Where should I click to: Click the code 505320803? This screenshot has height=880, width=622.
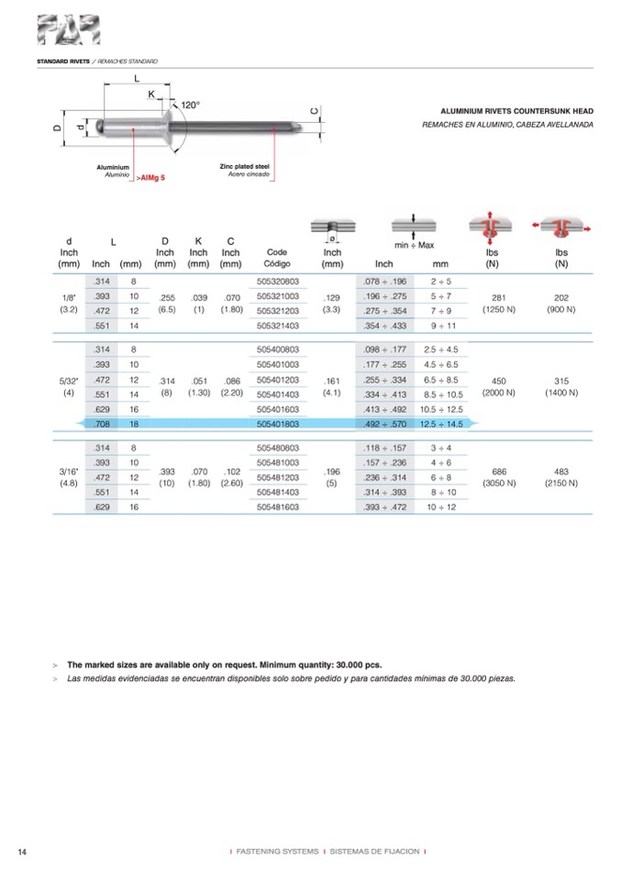pos(278,282)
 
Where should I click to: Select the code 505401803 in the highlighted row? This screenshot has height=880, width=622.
pos(278,422)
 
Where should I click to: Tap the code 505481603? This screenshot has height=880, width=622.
pos(278,506)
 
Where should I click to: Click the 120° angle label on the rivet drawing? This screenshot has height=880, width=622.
pos(189,106)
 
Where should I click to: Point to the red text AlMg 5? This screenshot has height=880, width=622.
pos(152,177)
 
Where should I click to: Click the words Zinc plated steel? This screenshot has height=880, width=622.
pos(244,166)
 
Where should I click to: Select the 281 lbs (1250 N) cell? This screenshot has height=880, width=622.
pos(498,303)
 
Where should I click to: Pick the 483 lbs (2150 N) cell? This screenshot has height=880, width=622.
pos(560,476)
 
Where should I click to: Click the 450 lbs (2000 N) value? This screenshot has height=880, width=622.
pos(498,386)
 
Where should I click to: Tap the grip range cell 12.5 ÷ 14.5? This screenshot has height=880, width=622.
pos(439,422)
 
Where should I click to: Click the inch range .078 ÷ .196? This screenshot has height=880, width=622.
pos(384,282)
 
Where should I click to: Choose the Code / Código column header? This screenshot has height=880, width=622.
pos(277,258)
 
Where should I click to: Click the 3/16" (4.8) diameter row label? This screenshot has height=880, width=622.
pos(69,476)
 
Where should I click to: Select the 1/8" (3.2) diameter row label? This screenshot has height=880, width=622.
pos(69,303)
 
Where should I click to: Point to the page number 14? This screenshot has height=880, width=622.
pos(22,852)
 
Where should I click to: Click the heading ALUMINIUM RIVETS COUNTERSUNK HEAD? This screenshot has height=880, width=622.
pos(517,108)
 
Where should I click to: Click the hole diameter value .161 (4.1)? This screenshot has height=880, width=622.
pos(332,386)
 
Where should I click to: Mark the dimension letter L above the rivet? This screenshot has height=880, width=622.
pos(137,79)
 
